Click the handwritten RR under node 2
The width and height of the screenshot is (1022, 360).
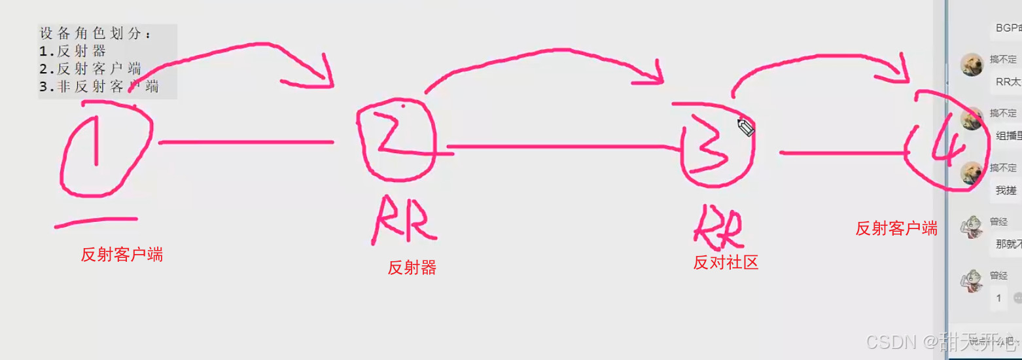(x=403, y=223)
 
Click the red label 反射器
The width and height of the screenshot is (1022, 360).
(x=412, y=268)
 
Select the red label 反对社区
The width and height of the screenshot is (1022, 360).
(x=726, y=262)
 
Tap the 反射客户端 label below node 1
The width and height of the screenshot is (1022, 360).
(x=122, y=255)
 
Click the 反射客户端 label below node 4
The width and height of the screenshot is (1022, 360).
(x=896, y=228)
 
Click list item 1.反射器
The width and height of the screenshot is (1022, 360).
(x=73, y=51)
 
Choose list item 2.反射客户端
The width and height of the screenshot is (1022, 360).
(x=90, y=69)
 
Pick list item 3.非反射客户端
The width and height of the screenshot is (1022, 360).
(x=99, y=86)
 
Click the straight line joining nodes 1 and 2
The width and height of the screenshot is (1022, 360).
(x=245, y=141)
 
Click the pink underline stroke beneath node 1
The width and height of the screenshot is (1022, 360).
(x=96, y=223)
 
